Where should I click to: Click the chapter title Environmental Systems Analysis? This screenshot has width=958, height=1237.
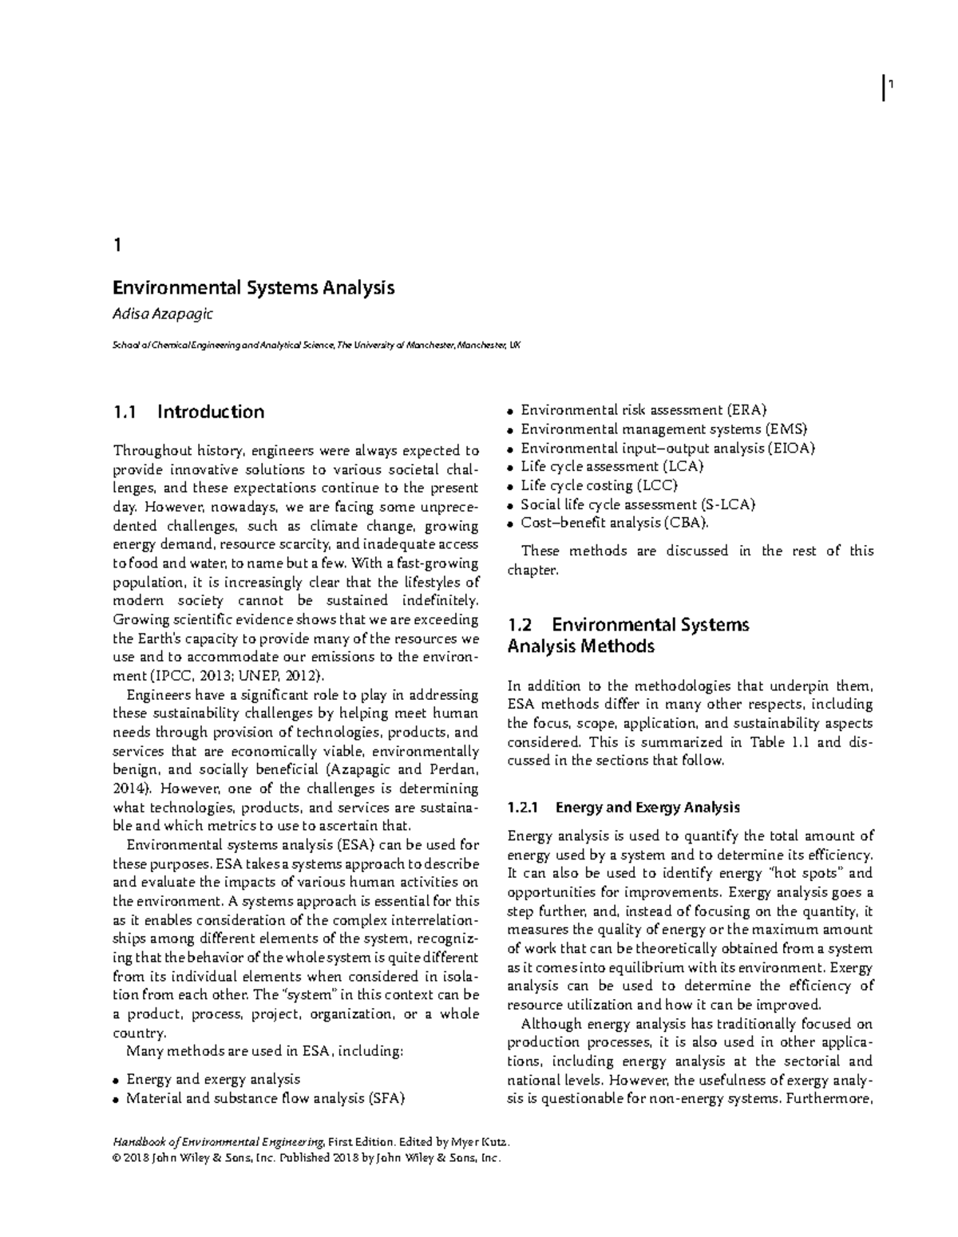tap(253, 287)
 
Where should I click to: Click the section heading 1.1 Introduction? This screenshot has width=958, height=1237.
tap(188, 412)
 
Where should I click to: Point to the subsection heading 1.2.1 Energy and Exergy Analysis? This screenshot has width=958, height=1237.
tap(623, 807)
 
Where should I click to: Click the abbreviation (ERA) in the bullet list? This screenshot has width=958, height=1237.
tap(746, 410)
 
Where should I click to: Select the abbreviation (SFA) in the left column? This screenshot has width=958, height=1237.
tap(386, 1098)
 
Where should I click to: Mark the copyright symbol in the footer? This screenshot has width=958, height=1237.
tap(119, 1157)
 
